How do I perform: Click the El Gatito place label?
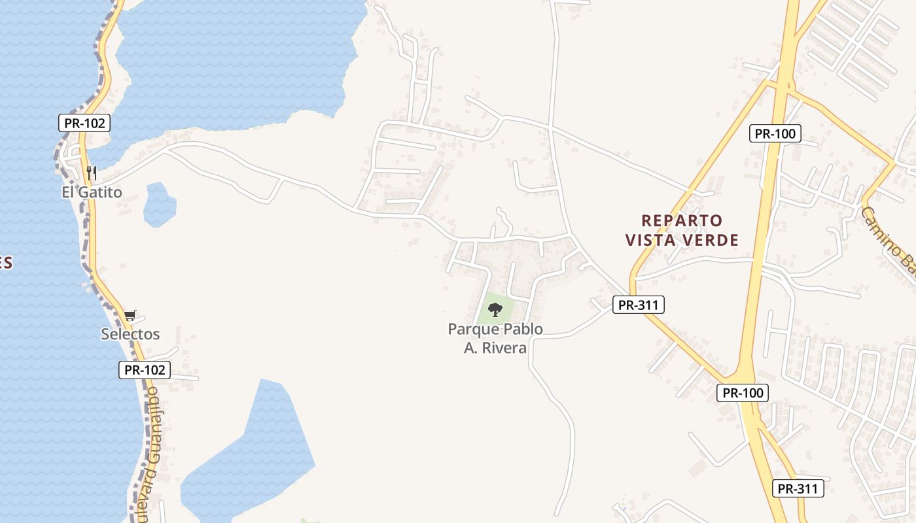tap(92, 192)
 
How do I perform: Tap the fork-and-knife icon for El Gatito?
tap(92, 173)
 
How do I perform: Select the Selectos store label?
tap(130, 334)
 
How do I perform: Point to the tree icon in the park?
tap(495, 309)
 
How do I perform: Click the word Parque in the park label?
tap(472, 329)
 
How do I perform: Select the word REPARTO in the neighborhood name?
tap(682, 220)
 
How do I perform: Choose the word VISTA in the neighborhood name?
tap(652, 241)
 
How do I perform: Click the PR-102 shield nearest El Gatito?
tap(84, 123)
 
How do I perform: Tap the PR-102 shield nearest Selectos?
tap(145, 370)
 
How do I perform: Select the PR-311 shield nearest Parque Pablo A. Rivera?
tap(639, 304)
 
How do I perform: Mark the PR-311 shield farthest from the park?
tap(798, 488)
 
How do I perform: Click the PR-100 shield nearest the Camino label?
tap(775, 133)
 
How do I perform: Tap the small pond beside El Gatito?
tap(159, 205)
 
